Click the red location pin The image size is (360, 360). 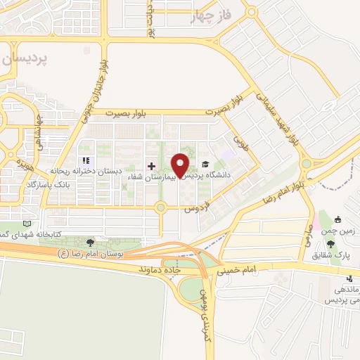click(x=181, y=164)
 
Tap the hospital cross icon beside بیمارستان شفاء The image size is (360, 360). click(x=151, y=165)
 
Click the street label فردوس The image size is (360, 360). click(x=198, y=207)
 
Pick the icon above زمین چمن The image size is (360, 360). click(x=339, y=218)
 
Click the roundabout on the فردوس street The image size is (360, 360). click(x=161, y=207)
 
